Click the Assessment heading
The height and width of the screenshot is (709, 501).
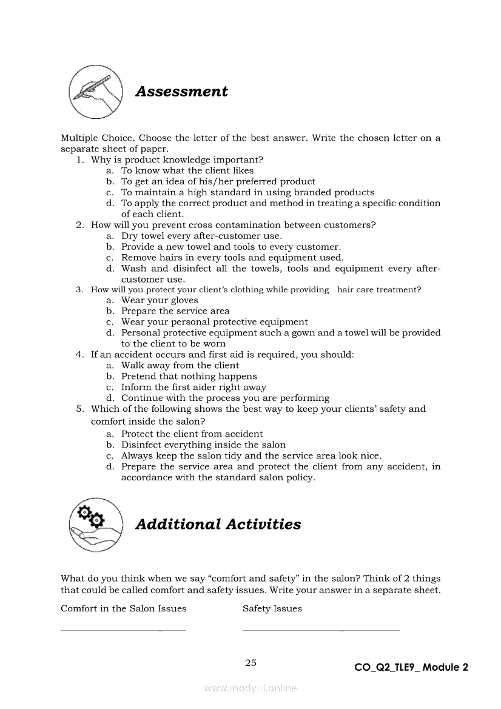click(181, 92)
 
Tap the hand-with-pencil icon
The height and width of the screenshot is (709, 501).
click(96, 92)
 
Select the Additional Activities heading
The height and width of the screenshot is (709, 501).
click(218, 524)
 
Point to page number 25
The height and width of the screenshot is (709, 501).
click(250, 663)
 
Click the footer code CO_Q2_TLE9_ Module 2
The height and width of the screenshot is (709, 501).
click(411, 668)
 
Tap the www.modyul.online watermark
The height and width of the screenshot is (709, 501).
click(250, 688)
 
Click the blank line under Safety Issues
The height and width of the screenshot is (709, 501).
click(321, 630)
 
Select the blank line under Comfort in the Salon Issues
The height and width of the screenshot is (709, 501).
click(123, 630)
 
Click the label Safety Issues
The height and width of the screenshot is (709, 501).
click(272, 609)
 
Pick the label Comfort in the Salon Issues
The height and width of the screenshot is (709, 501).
click(124, 609)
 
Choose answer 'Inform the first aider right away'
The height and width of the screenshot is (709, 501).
click(193, 388)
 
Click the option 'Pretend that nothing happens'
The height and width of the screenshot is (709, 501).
click(189, 377)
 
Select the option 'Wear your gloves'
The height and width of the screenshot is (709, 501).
click(160, 300)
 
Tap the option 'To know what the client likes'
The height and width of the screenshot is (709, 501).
click(187, 171)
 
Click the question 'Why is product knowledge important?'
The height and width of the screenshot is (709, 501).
click(177, 160)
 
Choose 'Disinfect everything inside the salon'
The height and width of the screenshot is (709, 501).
click(203, 445)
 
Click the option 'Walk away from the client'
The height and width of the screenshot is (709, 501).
click(180, 366)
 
